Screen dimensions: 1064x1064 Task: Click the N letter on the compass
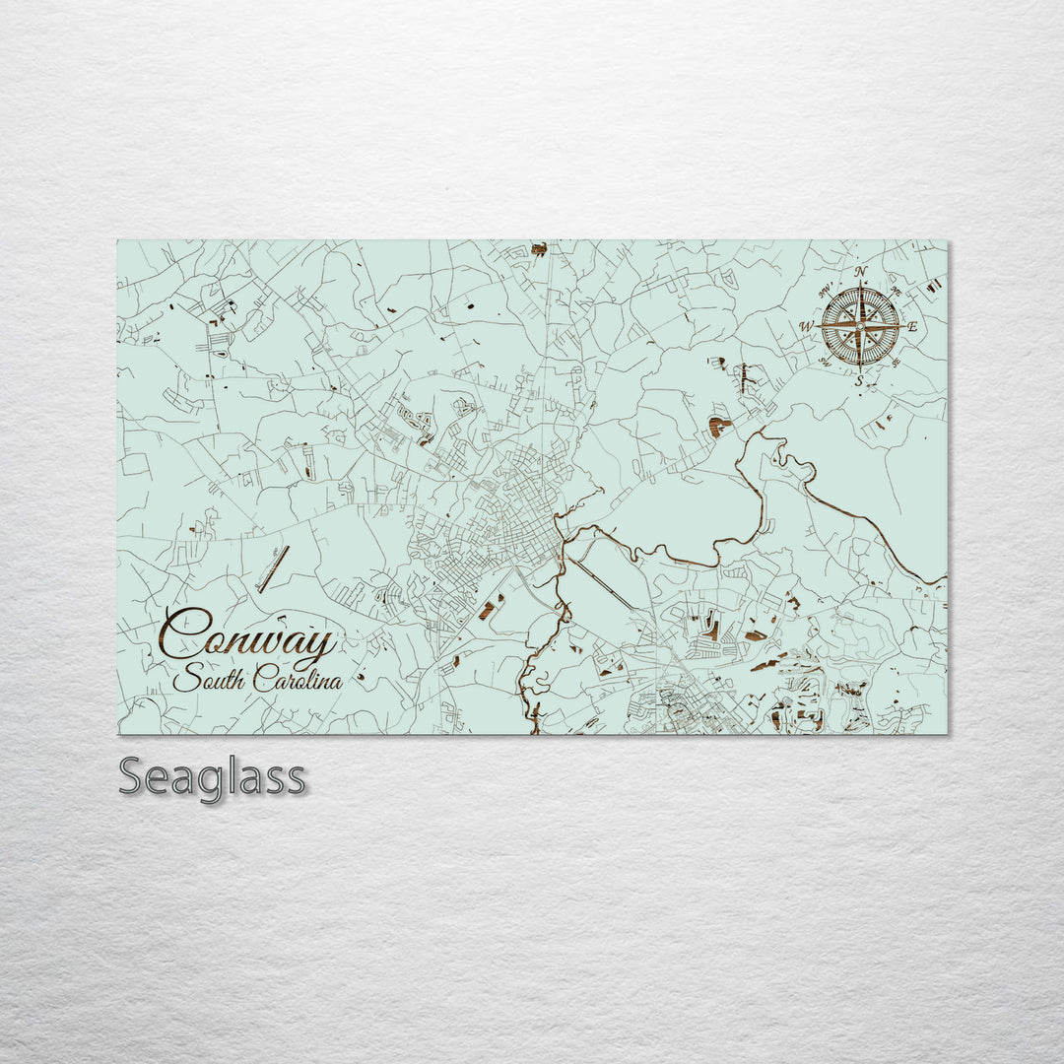(x=861, y=272)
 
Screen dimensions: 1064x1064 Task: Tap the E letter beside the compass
(x=912, y=326)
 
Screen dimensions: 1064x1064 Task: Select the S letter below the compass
(x=859, y=380)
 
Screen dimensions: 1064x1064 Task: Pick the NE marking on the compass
(x=895, y=291)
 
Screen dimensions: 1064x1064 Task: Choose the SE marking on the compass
(x=895, y=362)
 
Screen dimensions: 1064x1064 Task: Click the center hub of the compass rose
(x=860, y=325)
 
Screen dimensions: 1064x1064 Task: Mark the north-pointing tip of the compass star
(x=860, y=287)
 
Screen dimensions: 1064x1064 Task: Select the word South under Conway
(x=209, y=680)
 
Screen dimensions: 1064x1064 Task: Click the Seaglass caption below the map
(x=212, y=778)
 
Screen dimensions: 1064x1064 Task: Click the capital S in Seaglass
(x=132, y=777)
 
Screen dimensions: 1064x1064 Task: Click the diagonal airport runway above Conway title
(x=273, y=569)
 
